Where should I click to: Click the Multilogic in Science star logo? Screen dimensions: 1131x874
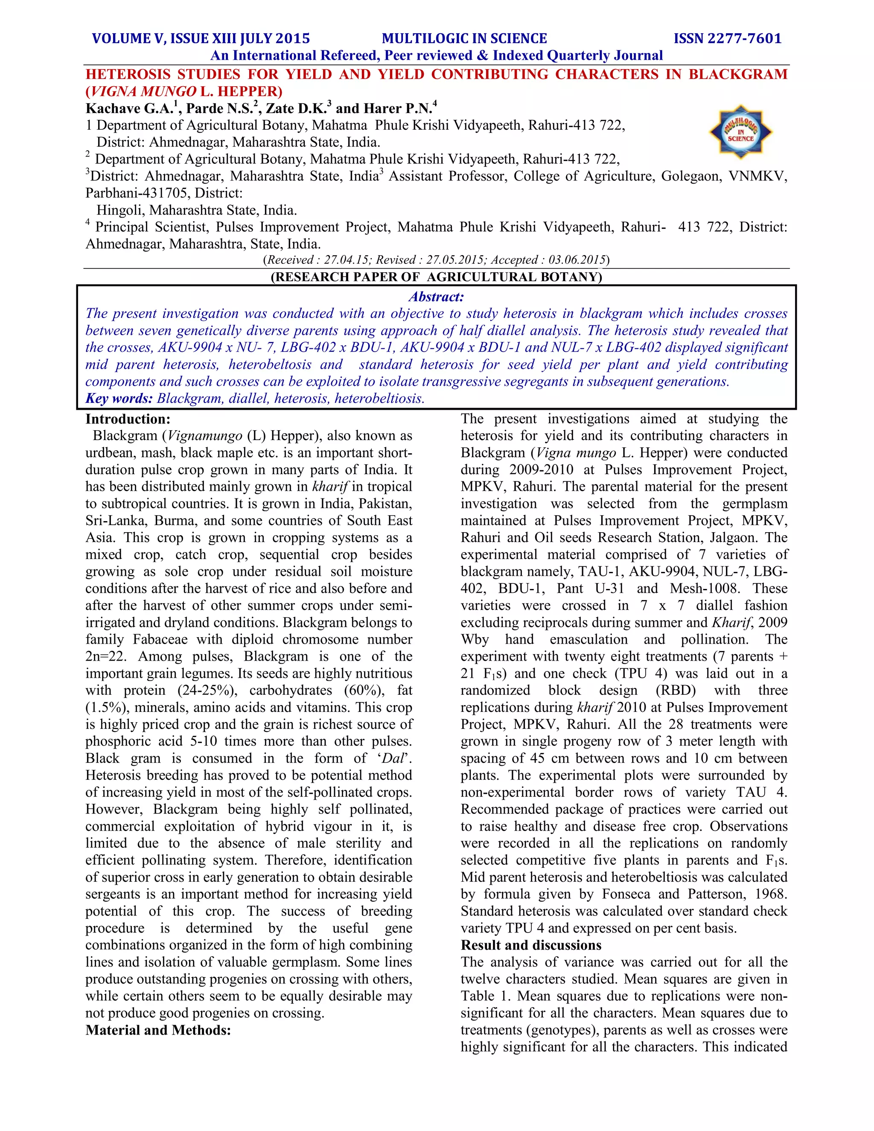pyautogui.click(x=740, y=131)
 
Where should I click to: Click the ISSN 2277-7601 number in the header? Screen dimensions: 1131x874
pyautogui.click(x=728, y=39)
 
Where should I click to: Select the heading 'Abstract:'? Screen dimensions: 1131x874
pyautogui.click(x=436, y=297)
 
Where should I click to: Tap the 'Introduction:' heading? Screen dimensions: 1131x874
pyautogui.click(x=128, y=419)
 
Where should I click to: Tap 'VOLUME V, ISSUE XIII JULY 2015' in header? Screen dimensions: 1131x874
pyautogui.click(x=201, y=39)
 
